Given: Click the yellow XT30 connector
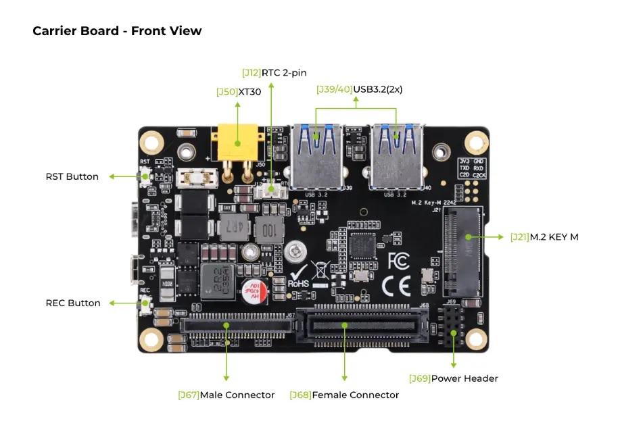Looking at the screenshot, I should (x=237, y=144).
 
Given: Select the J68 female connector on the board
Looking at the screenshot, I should (x=363, y=326).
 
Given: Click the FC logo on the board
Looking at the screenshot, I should (x=398, y=261).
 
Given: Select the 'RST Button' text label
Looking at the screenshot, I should (x=72, y=176).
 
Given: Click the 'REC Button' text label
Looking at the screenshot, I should (x=73, y=303).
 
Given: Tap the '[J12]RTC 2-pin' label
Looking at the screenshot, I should (x=274, y=72).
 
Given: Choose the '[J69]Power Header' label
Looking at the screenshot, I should (x=453, y=378).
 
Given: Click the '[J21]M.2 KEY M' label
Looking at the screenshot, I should (x=544, y=237).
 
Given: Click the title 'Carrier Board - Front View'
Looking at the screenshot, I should (x=117, y=31).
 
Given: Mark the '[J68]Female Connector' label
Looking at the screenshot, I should (x=344, y=395).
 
